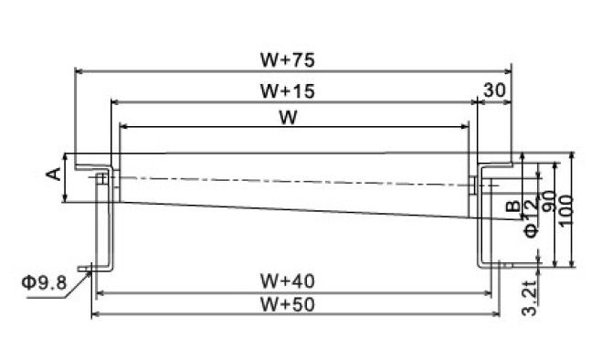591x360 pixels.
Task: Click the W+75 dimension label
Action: click(x=287, y=60)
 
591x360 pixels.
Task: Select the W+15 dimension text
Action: click(x=287, y=91)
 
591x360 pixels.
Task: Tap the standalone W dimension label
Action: click(x=288, y=118)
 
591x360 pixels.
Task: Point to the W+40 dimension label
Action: click(x=287, y=281)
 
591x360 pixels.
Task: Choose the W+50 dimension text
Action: click(x=287, y=304)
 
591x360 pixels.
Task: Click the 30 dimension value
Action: click(x=494, y=90)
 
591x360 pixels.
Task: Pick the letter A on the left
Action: click(x=54, y=174)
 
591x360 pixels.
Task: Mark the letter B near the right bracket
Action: click(x=512, y=206)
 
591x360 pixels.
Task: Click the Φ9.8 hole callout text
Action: click(x=44, y=282)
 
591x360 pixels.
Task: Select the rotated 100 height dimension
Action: click(x=565, y=210)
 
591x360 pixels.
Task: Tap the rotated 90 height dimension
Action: click(x=549, y=201)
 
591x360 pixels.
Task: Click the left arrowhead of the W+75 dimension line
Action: click(x=79, y=71)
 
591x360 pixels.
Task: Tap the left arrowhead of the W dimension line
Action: click(x=123, y=127)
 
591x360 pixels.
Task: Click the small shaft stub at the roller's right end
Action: click(x=472, y=185)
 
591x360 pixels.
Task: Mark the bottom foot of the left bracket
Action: click(x=94, y=269)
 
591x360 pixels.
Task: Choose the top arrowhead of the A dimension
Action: click(x=66, y=157)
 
